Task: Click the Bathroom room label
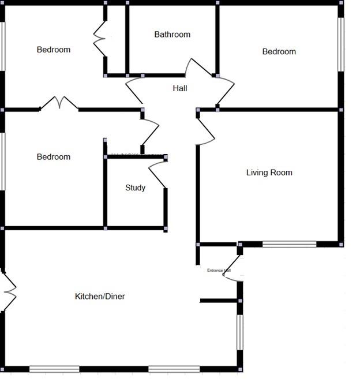point(172,35)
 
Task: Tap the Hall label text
point(180,88)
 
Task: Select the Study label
point(136,188)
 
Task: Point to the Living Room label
point(269,173)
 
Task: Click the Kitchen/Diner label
point(100,297)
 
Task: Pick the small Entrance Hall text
point(219,270)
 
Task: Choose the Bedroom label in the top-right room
point(279,52)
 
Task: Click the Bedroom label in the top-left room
point(53,50)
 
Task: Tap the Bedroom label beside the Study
point(53,157)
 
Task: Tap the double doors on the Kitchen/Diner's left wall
point(8,291)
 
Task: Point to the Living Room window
point(289,244)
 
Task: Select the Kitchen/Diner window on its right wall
point(240,332)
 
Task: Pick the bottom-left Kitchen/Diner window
point(54,369)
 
